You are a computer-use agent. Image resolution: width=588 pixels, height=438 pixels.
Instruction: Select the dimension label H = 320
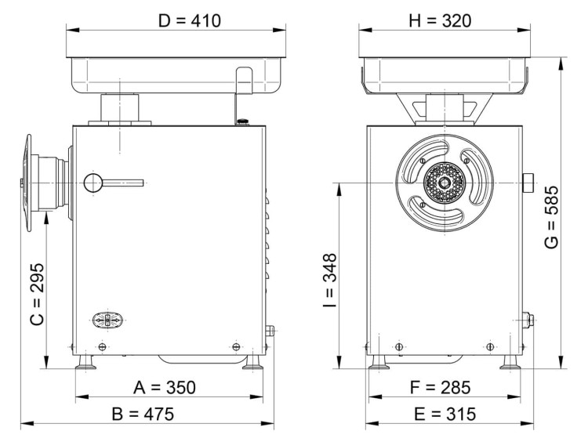441,20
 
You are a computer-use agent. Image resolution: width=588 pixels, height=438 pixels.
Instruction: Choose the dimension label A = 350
164,387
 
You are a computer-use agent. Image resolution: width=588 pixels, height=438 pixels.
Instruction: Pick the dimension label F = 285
441,387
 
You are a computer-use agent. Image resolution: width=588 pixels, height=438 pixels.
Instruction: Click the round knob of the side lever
93,183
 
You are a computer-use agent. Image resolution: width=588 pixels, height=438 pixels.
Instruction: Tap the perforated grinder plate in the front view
445,183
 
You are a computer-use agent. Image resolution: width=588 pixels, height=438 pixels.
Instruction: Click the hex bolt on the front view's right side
528,319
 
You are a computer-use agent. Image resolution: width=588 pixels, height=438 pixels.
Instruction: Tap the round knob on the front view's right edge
529,183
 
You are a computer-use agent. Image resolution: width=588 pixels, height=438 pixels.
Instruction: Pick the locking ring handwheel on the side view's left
31,183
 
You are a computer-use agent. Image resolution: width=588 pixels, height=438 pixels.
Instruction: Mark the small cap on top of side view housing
242,121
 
